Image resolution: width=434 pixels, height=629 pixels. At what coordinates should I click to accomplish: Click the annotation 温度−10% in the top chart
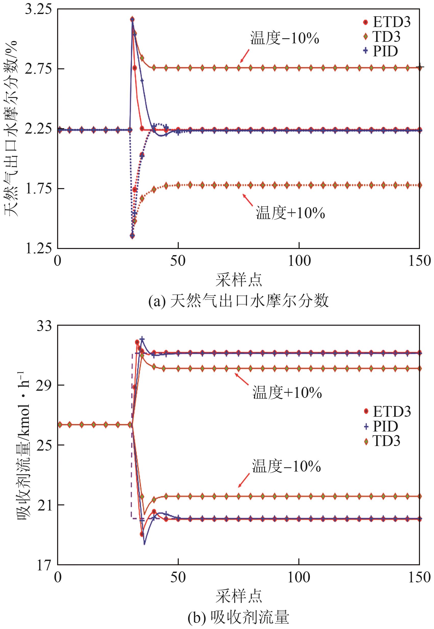click(x=284, y=38)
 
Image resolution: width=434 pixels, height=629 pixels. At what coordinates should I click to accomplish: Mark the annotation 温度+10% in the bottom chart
click(x=287, y=393)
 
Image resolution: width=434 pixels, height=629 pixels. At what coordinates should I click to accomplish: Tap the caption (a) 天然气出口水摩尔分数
click(x=238, y=301)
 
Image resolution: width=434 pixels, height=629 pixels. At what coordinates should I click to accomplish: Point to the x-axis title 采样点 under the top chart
click(x=239, y=280)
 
